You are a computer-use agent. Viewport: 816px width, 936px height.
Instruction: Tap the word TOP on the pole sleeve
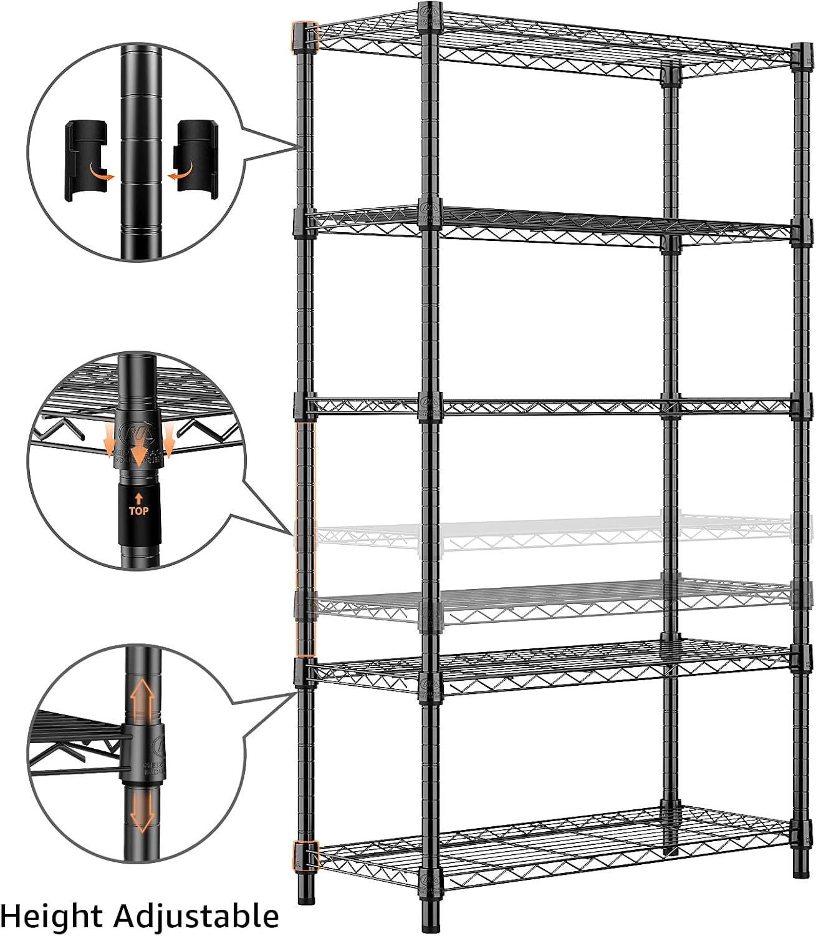pos(138,510)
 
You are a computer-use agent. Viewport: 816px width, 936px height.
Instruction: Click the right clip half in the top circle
pos(196,160)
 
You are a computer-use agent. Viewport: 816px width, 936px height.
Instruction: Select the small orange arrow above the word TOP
pos(138,497)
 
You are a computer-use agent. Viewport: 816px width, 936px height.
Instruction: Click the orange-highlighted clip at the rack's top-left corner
pos(305,36)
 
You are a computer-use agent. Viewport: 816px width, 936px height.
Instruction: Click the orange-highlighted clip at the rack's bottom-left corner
pos(306,855)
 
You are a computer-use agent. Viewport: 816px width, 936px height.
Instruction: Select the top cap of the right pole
pos(801,50)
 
